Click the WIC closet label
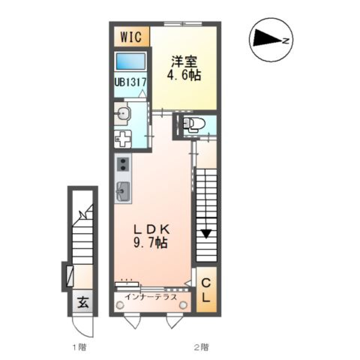click(x=131, y=37)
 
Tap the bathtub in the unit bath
click(x=130, y=61)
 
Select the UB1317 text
click(x=130, y=82)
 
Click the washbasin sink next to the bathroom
click(x=123, y=112)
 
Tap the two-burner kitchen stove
click(x=123, y=164)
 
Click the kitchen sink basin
click(x=123, y=192)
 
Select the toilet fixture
click(x=193, y=124)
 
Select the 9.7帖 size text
click(x=150, y=243)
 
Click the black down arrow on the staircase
click(x=206, y=234)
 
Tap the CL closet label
click(x=206, y=289)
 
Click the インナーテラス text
click(x=151, y=297)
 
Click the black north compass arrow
click(x=267, y=39)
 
